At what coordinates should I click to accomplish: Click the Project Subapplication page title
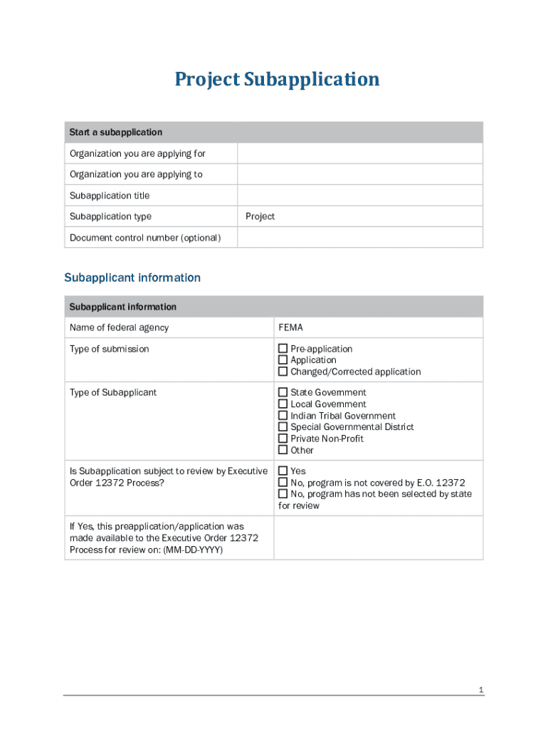[277, 79]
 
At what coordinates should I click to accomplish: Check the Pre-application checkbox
[283, 349]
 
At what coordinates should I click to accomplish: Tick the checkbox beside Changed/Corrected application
[283, 372]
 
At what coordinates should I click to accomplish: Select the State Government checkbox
[283, 392]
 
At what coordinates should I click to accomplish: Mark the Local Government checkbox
[283, 404]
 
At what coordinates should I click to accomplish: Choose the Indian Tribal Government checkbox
[283, 416]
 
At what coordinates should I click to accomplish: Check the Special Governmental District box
[283, 427]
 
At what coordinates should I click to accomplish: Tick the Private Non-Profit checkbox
[283, 439]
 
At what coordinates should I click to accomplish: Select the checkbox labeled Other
[283, 450]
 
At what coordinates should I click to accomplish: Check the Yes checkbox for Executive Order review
[283, 471]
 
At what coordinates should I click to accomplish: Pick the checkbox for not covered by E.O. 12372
[283, 483]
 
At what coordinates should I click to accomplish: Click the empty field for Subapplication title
[359, 195]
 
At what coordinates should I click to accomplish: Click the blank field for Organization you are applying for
[359, 154]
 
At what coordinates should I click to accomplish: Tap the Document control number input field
[359, 237]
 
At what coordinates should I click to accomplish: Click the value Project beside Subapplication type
[260, 216]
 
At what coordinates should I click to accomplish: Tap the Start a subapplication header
[115, 132]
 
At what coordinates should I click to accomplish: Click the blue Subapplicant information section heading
[132, 278]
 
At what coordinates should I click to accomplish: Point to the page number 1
[481, 690]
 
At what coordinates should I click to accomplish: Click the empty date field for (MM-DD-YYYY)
[378, 537]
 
